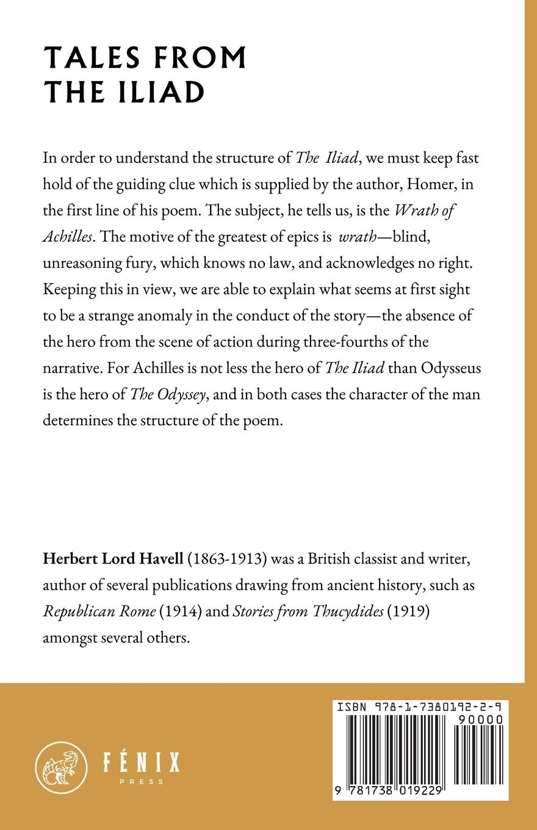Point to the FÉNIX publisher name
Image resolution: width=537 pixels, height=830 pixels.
click(x=140, y=763)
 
